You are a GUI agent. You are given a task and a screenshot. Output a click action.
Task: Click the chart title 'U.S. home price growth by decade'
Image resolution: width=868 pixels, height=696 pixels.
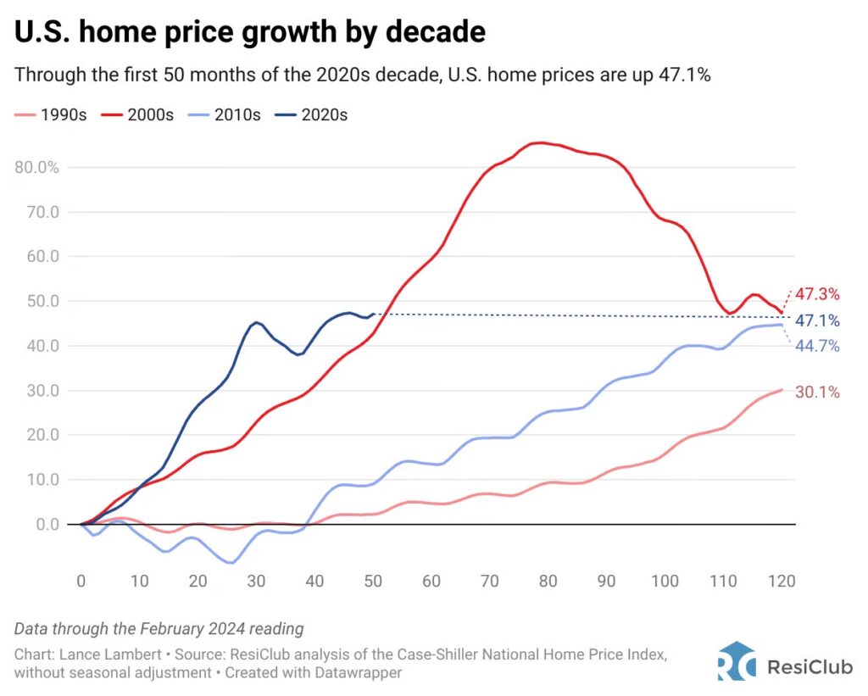tap(250, 32)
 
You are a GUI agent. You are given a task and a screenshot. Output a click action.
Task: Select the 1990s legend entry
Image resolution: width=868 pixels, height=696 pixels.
tap(52, 115)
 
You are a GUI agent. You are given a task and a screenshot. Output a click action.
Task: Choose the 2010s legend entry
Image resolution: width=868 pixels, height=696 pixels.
tap(225, 115)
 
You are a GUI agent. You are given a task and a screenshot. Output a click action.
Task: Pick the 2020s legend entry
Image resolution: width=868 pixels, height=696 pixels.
tap(313, 115)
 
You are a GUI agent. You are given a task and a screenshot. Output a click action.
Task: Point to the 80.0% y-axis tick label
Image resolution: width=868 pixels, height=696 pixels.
tap(37, 167)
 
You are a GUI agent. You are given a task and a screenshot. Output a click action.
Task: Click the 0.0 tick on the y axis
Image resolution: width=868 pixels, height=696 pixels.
tap(42, 524)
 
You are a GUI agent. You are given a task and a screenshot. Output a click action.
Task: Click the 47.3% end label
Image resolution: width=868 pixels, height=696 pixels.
tap(817, 295)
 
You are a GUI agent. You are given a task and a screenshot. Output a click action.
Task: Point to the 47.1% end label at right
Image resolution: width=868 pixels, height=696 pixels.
tap(817, 321)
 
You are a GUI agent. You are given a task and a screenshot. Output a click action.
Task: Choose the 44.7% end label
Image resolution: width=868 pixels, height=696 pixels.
tap(817, 346)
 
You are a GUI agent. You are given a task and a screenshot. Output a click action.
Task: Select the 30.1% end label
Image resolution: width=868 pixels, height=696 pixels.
tap(817, 392)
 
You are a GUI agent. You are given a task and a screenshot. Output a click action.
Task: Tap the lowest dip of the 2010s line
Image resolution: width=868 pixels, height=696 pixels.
tap(231, 563)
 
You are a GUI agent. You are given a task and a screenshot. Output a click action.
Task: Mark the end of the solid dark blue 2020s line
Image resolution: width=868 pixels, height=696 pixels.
tap(373, 315)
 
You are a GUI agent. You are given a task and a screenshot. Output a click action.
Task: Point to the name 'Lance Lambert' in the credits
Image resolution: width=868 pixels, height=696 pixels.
tap(94, 656)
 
